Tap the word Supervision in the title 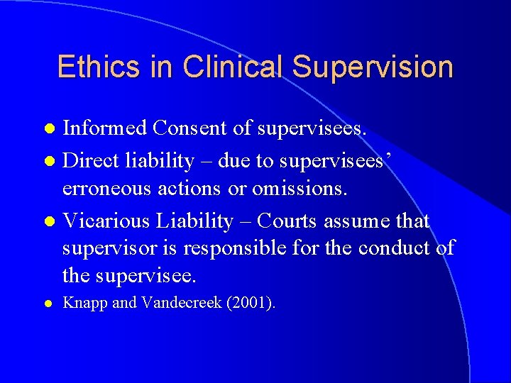click(x=373, y=67)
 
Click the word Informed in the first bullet click(x=104, y=128)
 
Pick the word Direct click(x=91, y=161)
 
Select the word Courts click(x=287, y=221)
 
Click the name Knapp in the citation click(x=82, y=304)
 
